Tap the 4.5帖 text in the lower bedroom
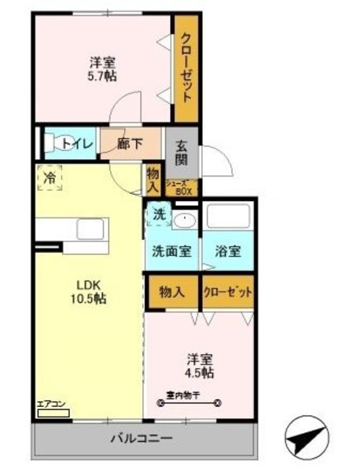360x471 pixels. tap(200, 373)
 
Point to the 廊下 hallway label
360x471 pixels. tap(130, 144)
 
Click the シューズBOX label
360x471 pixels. tap(180, 188)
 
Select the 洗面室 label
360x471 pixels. tap(172, 251)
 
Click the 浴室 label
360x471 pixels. tap(227, 251)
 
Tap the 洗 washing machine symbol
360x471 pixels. tap(158, 214)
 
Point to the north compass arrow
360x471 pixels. tap(305, 440)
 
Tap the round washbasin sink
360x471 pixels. tap(185, 219)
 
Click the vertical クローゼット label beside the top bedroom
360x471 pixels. tap(186, 68)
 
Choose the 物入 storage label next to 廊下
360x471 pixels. tap(152, 181)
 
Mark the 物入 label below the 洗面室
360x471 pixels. tap(172, 292)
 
